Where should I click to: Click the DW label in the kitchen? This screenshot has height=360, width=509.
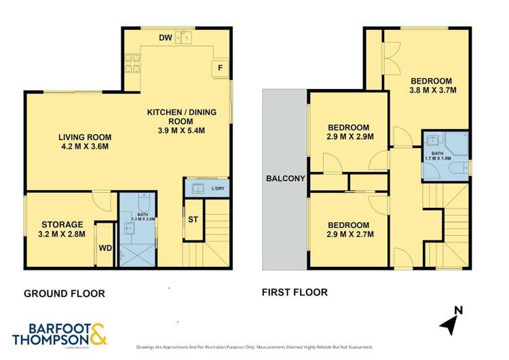(166, 38)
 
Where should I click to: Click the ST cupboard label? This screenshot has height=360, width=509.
(193, 219)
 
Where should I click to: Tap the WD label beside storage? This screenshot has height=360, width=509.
(105, 247)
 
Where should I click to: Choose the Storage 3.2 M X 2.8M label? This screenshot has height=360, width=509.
(62, 230)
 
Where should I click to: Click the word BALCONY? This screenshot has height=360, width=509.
(285, 179)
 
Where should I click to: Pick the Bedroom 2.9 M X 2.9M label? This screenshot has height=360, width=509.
(348, 132)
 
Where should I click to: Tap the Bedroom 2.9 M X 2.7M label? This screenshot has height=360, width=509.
(348, 230)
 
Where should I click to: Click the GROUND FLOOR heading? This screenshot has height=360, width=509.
(64, 293)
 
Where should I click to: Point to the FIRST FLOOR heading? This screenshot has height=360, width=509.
(295, 293)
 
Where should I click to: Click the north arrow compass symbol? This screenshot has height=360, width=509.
(450, 322)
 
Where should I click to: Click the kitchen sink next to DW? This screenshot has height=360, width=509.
(184, 37)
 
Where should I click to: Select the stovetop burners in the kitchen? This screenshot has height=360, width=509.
(132, 63)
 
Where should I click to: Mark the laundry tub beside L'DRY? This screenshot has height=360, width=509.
(197, 187)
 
